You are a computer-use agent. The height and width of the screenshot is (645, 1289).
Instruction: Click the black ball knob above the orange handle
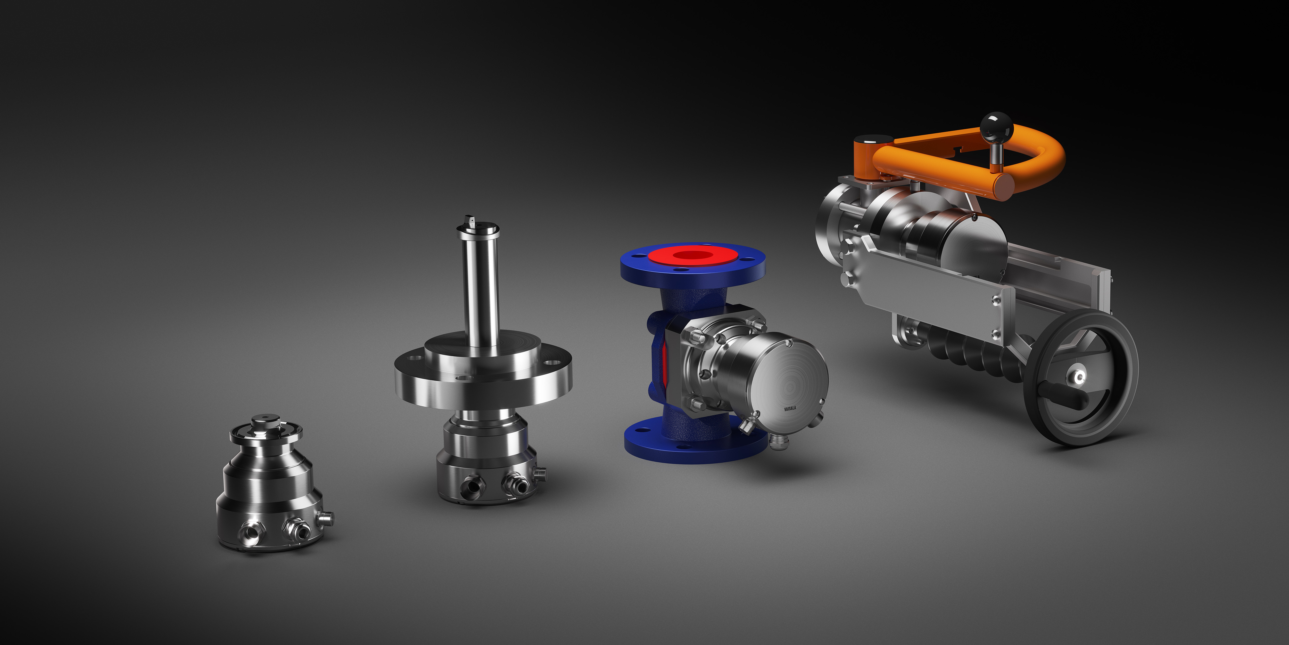pyautogui.click(x=996, y=126)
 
